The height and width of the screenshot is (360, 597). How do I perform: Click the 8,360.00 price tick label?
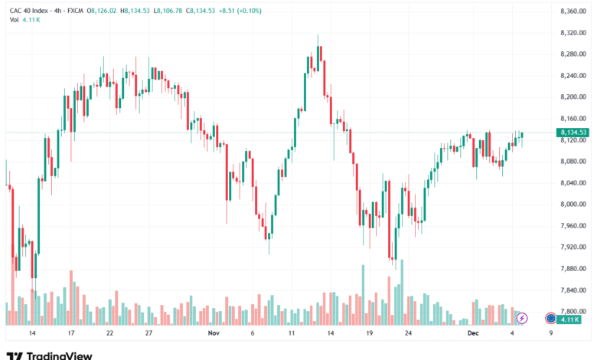pos(573,11)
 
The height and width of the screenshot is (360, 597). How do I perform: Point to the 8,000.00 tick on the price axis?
pos(573,205)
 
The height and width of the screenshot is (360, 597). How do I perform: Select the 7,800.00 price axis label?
pos(573,312)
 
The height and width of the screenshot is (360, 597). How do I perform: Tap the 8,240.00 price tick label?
pos(573,75)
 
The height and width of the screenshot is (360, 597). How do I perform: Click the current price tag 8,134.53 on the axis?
pos(573,133)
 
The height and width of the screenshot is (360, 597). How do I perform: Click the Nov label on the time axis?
pos(213,334)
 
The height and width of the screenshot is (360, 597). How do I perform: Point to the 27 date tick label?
pos(148,334)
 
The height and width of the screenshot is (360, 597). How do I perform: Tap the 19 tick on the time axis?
pos(369,334)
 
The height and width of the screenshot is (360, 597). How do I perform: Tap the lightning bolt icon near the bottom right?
pos(523,317)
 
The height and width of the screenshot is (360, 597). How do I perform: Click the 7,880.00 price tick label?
pos(573,269)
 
